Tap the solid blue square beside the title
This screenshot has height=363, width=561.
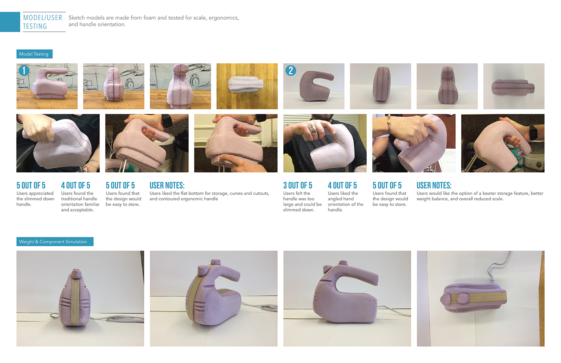point(10,22)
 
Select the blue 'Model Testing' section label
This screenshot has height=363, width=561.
point(34,54)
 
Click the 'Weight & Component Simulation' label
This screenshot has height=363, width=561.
point(54,242)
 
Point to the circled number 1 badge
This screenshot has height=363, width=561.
point(24,71)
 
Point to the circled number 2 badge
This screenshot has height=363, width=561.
point(291,71)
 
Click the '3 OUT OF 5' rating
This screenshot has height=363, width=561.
point(297,186)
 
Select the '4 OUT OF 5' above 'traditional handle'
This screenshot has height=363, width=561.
point(75,186)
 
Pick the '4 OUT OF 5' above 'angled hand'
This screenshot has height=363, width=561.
point(342,186)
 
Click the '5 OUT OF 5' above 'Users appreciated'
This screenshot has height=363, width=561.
point(31,186)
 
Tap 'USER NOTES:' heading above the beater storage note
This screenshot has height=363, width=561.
point(434,186)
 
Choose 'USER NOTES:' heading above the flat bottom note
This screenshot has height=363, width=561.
point(167,186)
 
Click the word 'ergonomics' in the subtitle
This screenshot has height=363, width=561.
point(223,18)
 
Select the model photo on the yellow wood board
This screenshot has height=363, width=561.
point(247,86)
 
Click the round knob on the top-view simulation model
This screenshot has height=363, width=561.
point(461,298)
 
